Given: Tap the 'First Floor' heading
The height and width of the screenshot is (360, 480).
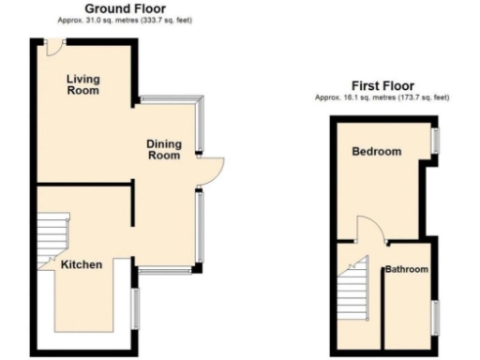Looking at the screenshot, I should click(x=382, y=84).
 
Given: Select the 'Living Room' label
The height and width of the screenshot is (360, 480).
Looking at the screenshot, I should click(x=83, y=85).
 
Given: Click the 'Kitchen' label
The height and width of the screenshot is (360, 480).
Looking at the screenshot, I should click(x=82, y=265).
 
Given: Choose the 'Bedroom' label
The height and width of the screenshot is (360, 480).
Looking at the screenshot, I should click(x=376, y=152).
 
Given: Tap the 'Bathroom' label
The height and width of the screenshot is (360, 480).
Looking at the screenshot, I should click(x=407, y=270).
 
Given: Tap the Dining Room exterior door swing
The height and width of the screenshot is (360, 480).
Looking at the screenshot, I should click(x=213, y=169).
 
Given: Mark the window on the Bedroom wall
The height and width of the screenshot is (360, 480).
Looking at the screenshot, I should click(x=434, y=139).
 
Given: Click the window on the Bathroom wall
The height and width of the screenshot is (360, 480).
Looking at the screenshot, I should click(x=434, y=315).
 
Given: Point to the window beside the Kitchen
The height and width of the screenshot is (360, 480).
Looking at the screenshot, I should click(x=135, y=307).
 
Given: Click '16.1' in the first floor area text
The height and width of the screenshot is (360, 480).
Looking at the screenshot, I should click(x=357, y=97).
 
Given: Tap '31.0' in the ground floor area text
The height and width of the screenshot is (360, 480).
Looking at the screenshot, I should click(x=97, y=19).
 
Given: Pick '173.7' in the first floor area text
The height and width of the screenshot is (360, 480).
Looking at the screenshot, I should click(x=412, y=97).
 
